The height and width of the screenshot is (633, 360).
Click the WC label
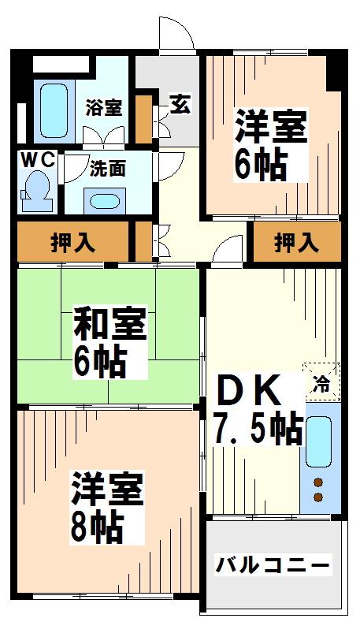click(x=38, y=161)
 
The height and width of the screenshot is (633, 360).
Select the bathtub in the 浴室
click(x=54, y=110)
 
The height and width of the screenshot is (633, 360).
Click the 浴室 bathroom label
click(x=104, y=108)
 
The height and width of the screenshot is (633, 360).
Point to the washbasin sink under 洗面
click(x=105, y=201)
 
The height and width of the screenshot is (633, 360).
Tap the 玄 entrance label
click(x=180, y=104)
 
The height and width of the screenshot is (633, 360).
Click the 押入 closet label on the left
click(x=73, y=244)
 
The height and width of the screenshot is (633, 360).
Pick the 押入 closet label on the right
click(x=297, y=244)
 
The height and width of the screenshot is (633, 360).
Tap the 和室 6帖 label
click(x=109, y=342)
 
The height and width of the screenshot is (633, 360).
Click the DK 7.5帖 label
click(x=258, y=409)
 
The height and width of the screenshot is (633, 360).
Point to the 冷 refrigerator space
click(x=322, y=382)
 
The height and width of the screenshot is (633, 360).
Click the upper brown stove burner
click(x=318, y=482)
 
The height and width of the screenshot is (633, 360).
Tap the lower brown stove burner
click(x=318, y=497)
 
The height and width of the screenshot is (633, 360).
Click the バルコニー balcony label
click(x=273, y=564)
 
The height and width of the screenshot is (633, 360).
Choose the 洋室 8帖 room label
click(x=107, y=508)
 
